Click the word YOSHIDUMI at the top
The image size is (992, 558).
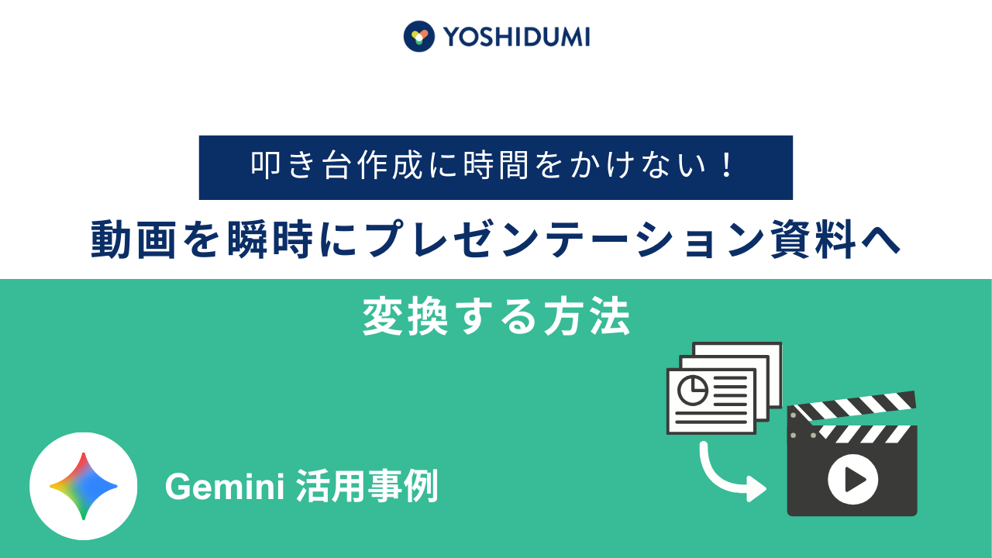(x=516, y=36)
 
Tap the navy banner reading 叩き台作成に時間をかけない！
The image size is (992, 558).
(x=496, y=167)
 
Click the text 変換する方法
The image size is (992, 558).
(x=496, y=318)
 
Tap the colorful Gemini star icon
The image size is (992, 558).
(x=84, y=486)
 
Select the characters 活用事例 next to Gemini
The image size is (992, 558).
(x=367, y=487)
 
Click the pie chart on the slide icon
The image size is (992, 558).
(x=691, y=390)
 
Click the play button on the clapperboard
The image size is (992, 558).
(x=852, y=480)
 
